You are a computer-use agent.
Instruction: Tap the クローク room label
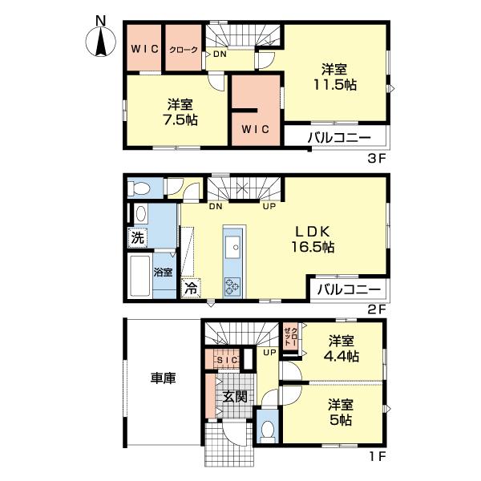click(184, 50)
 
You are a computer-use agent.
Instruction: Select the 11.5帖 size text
click(334, 85)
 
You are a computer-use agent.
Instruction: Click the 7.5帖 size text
click(180, 119)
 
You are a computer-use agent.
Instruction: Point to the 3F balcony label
click(339, 137)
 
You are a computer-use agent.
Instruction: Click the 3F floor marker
click(376, 158)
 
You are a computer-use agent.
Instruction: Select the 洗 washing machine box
click(137, 237)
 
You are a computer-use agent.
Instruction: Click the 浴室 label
click(163, 272)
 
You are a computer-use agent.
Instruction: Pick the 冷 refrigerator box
click(191, 288)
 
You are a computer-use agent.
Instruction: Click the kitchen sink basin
click(233, 248)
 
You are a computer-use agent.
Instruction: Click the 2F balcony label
click(349, 289)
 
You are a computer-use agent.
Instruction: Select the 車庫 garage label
click(164, 378)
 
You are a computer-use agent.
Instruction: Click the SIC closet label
click(228, 360)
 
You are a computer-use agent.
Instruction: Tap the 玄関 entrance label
click(235, 397)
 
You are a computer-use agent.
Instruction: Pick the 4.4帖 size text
click(342, 356)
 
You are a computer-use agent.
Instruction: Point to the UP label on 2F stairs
click(269, 206)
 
